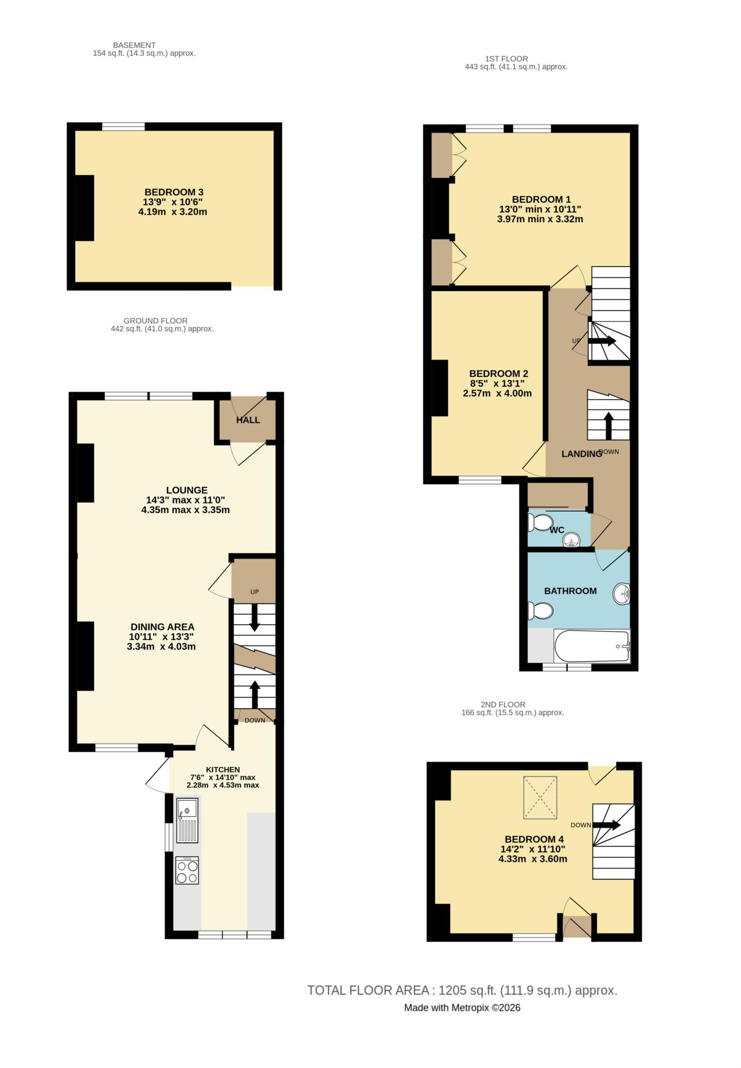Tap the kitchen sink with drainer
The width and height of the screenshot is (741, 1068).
pos(187,820)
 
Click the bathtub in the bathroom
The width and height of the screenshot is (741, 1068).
pos(592,646)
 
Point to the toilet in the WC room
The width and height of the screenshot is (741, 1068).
pos(541,522)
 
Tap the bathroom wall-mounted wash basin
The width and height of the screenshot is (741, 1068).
pos(622,594)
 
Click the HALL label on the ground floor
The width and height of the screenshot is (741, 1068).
pos(248,420)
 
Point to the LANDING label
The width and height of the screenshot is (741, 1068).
pos(581,454)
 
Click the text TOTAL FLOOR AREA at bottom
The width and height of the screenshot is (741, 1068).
pos(368,990)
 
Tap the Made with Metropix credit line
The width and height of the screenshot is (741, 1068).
pos(462,1008)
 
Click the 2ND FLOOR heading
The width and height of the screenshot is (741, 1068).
pos(503,705)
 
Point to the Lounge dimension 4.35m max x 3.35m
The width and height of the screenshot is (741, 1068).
pos(185,509)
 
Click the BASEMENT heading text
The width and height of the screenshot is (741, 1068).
pos(134,45)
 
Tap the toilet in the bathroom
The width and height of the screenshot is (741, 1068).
pos(541,611)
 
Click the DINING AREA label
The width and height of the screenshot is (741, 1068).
pos(162,627)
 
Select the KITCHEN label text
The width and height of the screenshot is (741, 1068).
pos(223,770)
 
